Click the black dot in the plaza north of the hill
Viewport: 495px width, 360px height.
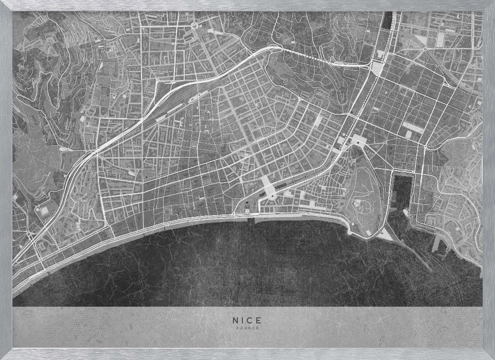(357, 143)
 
